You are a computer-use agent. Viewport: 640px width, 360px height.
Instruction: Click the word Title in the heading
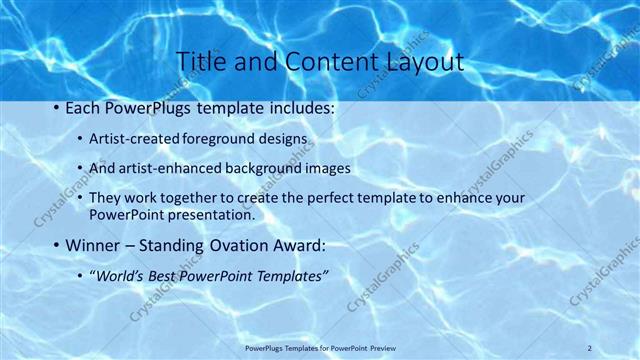(198, 61)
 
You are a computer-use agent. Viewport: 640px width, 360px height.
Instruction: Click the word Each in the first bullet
(82, 106)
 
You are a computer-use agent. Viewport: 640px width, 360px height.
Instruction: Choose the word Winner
(91, 245)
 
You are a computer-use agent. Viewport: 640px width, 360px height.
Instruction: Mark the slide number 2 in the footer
(590, 347)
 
